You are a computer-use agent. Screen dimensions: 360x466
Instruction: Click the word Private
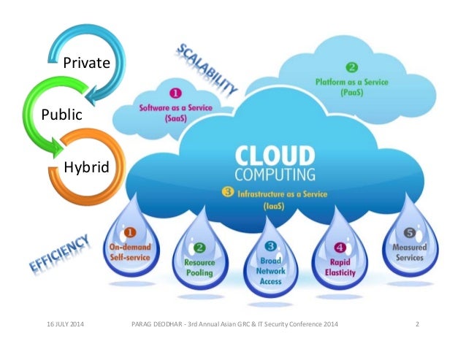86,63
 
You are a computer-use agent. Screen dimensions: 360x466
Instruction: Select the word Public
61,115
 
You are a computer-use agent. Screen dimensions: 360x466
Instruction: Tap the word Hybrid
86,167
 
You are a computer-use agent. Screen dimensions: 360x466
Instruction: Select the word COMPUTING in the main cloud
275,175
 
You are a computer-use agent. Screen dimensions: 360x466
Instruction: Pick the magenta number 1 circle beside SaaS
175,93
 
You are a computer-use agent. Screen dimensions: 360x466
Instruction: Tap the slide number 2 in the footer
416,323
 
